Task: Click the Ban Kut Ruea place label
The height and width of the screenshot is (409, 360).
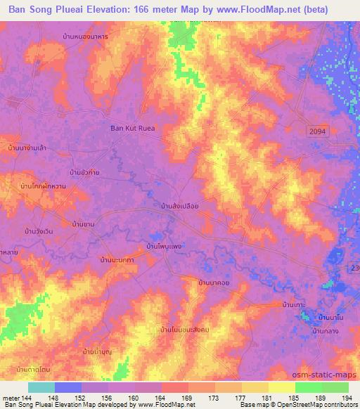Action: pyautogui.click(x=132, y=128)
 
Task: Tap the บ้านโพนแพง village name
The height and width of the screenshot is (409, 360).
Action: pyautogui.click(x=164, y=247)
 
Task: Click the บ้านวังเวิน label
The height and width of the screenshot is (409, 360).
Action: pyautogui.click(x=39, y=231)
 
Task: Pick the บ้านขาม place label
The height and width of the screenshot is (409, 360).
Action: pyautogui.click(x=84, y=224)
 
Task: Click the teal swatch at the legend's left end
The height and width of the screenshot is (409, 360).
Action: pyautogui.click(x=41, y=387)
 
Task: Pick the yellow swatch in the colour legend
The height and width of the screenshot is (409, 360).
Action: pyautogui.click(x=281, y=387)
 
